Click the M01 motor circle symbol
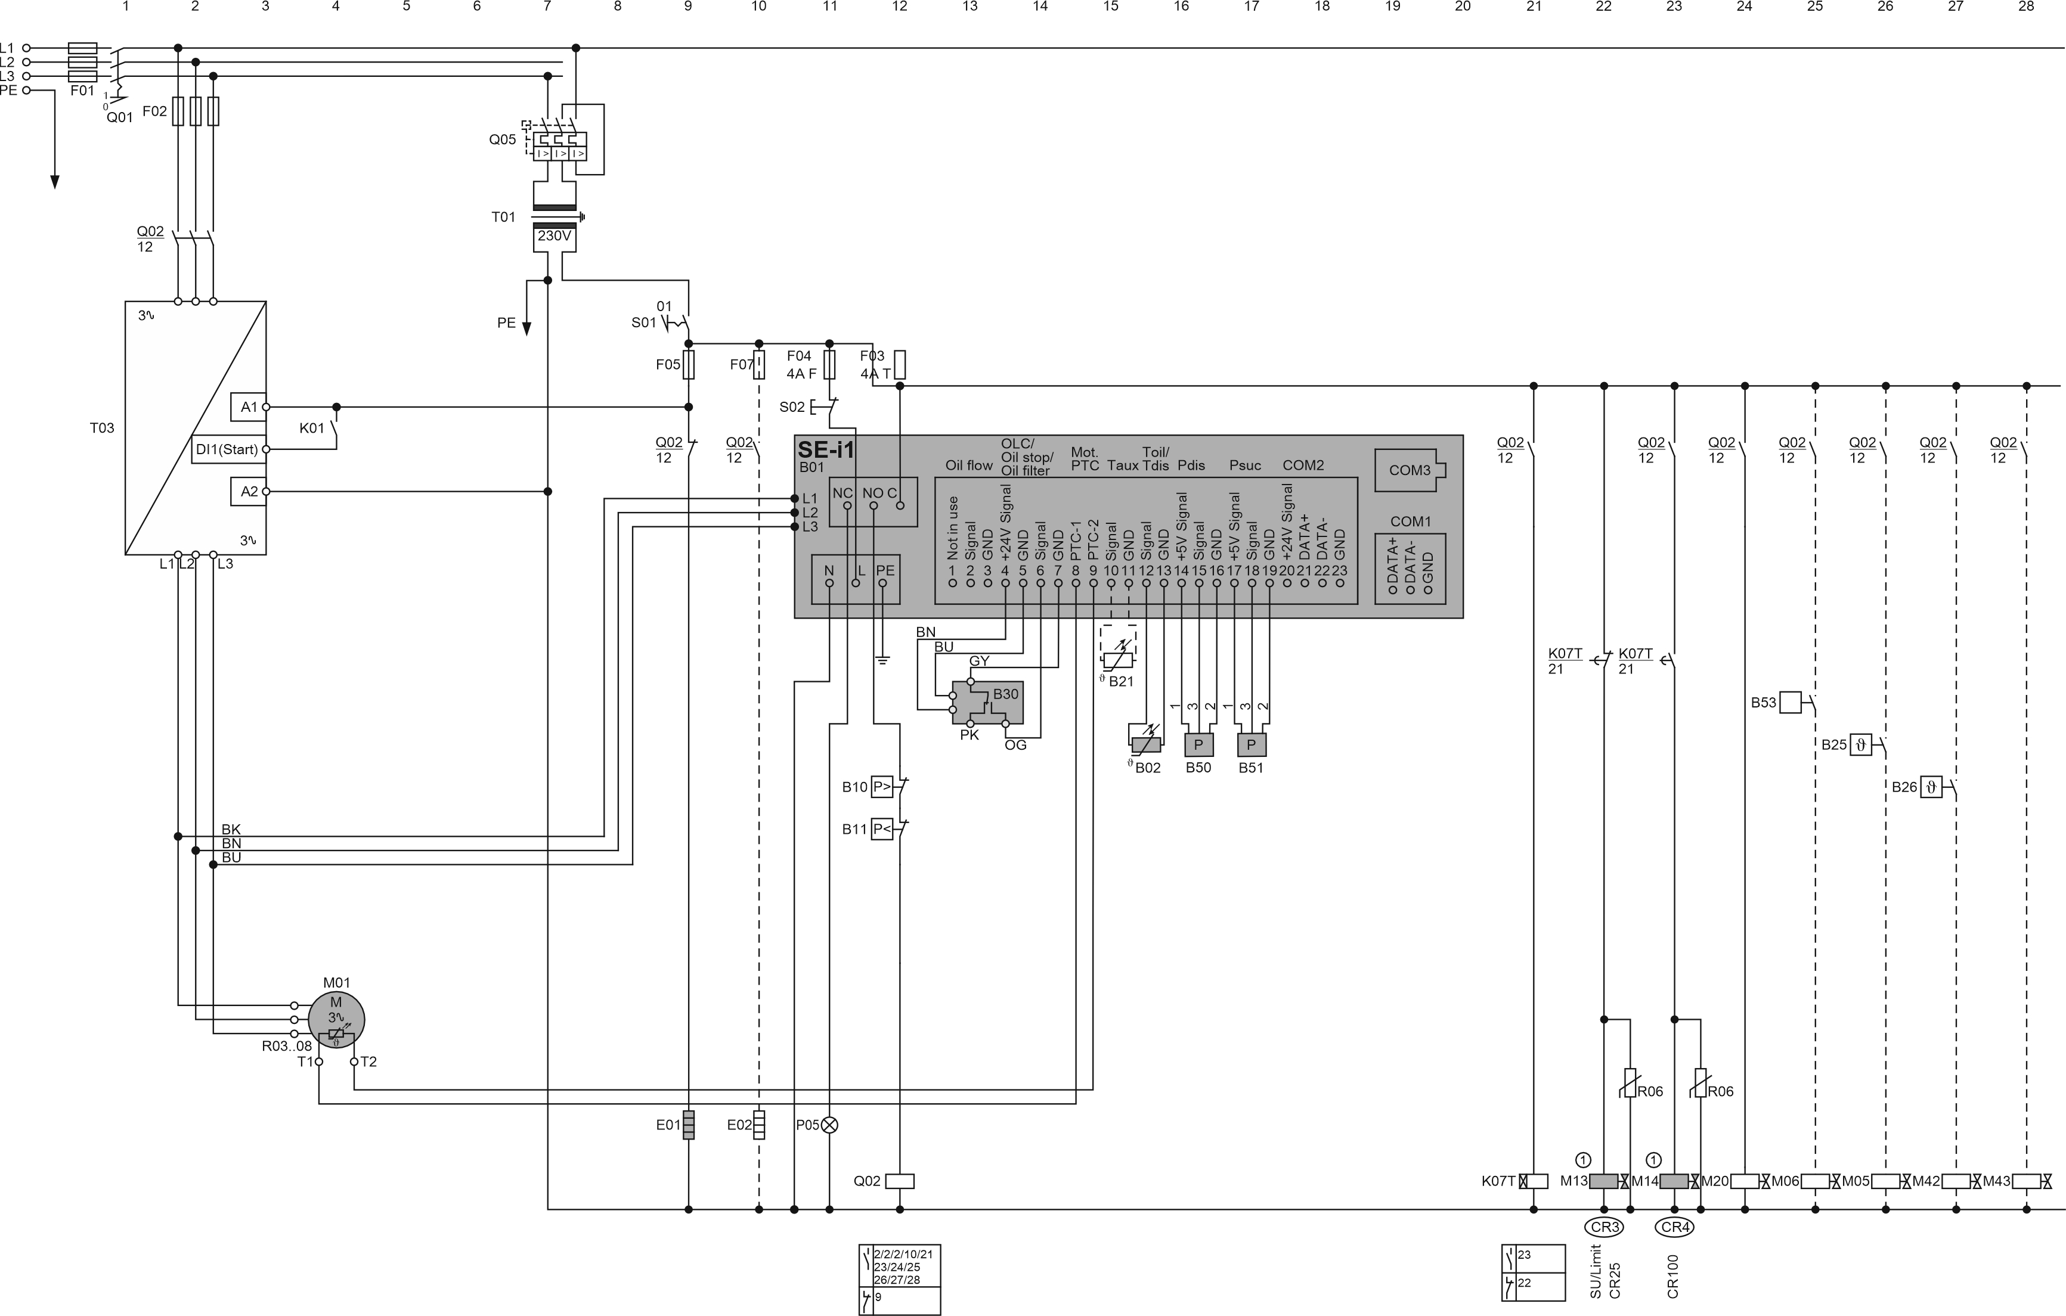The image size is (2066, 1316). pos(336,1019)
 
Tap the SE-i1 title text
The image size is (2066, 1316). pos(826,449)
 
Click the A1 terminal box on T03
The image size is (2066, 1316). pos(249,406)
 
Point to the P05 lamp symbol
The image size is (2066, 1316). pos(829,1125)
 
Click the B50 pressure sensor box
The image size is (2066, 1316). pos(1198,744)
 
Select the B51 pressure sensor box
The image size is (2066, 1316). pos(1251,744)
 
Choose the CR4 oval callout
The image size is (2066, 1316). pos(1675,1227)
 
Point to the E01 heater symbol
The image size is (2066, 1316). pos(688,1125)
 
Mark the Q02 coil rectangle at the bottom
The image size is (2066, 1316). pos(899,1181)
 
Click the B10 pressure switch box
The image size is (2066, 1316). pos(882,786)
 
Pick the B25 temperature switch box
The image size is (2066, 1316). pos(1860,744)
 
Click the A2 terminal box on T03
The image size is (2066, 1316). pos(249,492)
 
